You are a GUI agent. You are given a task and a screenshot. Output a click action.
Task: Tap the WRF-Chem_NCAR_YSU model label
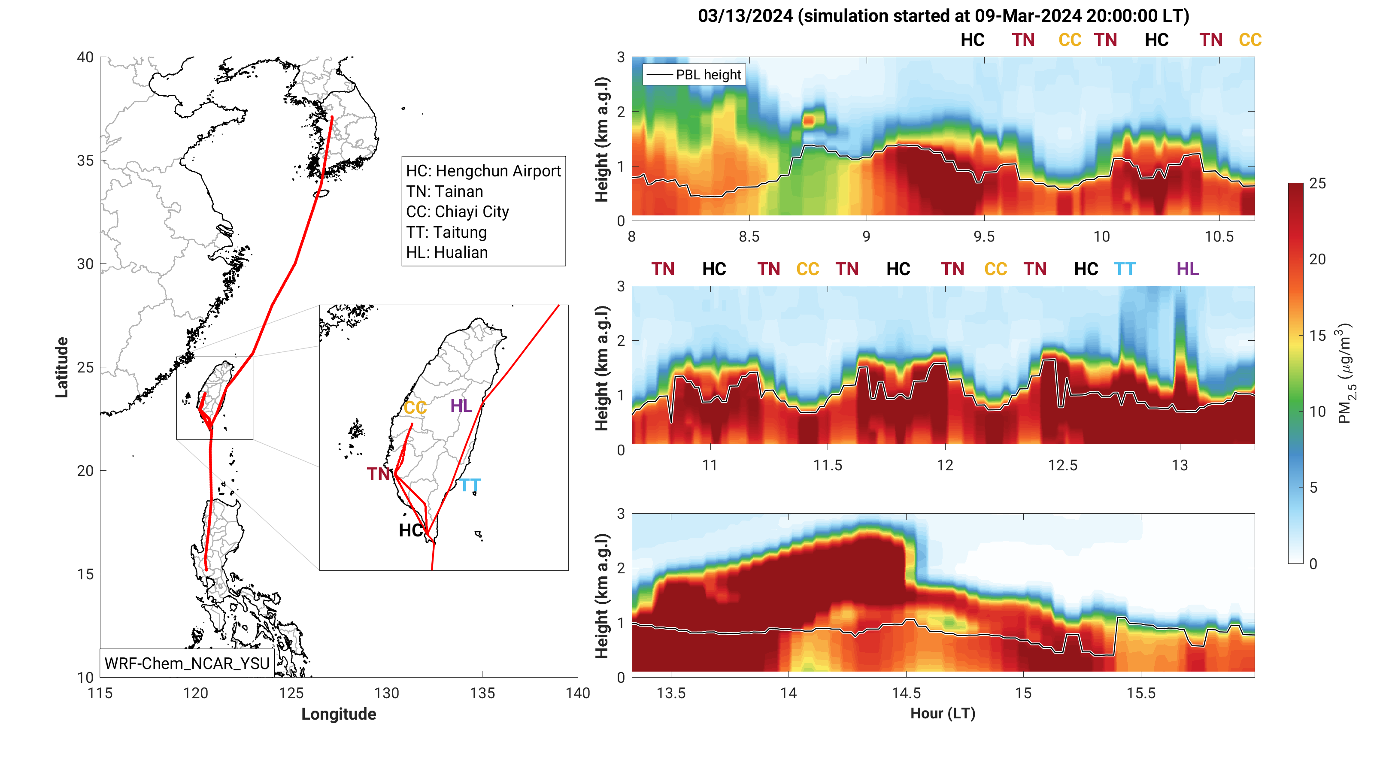[x=187, y=663]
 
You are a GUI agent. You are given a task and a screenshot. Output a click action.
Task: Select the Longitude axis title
[x=338, y=714]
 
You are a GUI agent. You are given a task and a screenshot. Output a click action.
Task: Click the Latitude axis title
[x=62, y=367]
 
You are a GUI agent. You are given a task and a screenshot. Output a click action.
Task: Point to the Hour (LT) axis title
[x=943, y=713]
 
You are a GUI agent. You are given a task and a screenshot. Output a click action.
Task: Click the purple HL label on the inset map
[x=461, y=406]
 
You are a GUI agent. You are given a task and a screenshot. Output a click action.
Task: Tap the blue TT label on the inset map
[x=470, y=486]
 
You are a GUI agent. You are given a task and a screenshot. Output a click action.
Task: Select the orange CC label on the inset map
[x=415, y=408]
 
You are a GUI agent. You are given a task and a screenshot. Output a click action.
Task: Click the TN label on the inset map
[x=378, y=474]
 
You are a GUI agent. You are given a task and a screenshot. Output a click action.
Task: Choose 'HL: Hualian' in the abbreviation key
[x=446, y=252]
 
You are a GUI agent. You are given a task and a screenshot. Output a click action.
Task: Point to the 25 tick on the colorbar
[x=1318, y=183]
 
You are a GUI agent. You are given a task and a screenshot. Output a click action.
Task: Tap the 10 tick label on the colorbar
[x=1318, y=412]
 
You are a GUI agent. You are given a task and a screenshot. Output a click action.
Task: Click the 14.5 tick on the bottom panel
[x=906, y=693]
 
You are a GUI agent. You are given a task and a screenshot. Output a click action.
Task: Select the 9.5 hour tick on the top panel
[x=984, y=236]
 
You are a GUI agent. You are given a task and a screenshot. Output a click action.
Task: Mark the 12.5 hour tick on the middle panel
[x=1063, y=465]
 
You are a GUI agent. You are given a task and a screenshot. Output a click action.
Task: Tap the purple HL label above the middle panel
[x=1187, y=269]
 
